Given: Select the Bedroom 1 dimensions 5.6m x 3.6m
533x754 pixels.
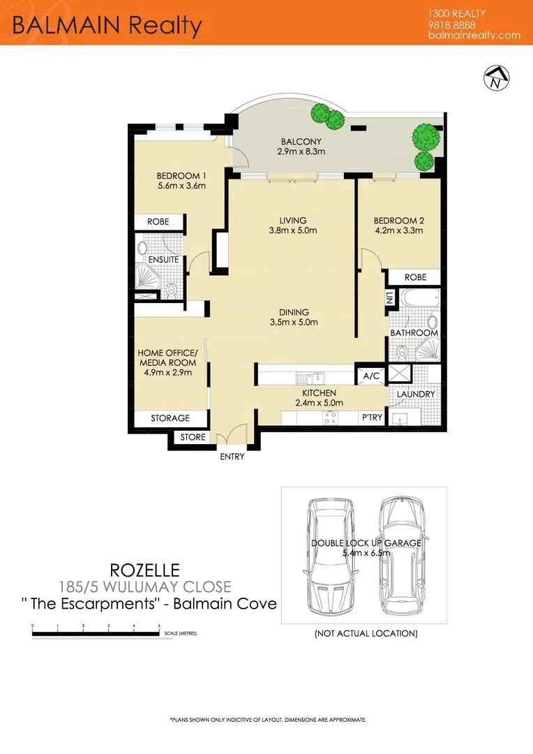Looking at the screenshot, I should coord(181,186).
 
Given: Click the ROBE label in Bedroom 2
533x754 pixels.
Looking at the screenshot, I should coord(415,277).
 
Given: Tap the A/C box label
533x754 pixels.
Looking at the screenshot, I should coord(370,376).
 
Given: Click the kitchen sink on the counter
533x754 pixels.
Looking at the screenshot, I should coord(308,378).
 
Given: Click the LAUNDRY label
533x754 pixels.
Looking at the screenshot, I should coord(415,394).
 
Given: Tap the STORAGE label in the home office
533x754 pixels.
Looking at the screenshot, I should coord(170,418).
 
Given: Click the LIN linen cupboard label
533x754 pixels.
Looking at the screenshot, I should coord(389,298).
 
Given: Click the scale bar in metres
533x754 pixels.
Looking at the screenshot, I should coord(97,634).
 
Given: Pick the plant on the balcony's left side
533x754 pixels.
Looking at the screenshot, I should coord(322,112).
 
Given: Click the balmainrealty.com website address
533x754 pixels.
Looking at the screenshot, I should coord(474,35).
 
